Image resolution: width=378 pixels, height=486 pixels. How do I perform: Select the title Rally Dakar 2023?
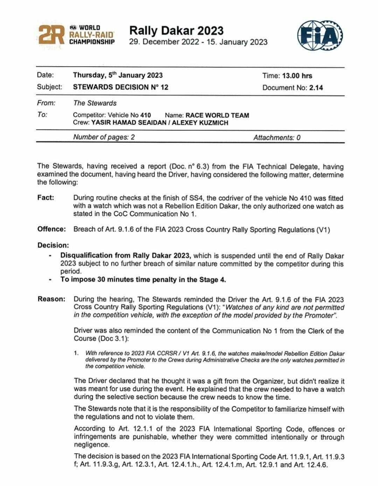(x=176, y=31)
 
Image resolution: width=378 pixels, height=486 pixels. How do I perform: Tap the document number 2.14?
(x=316, y=88)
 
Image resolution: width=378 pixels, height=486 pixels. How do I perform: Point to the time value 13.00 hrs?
(x=297, y=76)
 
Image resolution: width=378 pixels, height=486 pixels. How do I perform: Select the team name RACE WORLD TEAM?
(x=217, y=115)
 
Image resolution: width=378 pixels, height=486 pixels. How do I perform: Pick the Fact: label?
(x=46, y=198)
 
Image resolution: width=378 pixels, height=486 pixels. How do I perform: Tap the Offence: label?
(x=51, y=229)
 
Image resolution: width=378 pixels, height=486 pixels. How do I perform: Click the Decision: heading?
(x=53, y=245)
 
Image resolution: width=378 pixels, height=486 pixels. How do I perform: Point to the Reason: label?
(x=51, y=299)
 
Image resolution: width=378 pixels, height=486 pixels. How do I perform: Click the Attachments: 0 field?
(x=277, y=138)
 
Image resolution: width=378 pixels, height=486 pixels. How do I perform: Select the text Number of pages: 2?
(x=104, y=137)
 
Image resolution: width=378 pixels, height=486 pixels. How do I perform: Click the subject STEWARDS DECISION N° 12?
(x=121, y=87)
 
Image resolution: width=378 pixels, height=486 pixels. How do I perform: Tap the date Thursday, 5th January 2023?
(x=118, y=76)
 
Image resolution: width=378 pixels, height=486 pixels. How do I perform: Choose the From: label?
(x=46, y=103)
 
